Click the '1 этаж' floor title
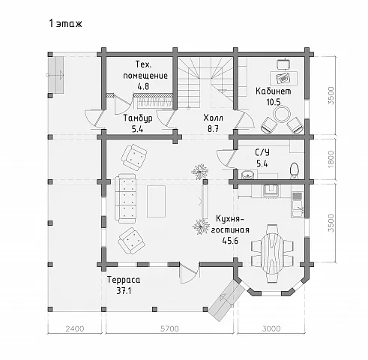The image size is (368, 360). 65,23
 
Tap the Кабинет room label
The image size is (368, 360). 274,91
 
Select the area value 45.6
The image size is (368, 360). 230,241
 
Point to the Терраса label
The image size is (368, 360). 124,280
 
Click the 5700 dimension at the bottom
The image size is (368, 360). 169,328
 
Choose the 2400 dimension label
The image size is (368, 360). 75,328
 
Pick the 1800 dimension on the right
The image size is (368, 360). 331,159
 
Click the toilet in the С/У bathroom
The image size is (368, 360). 295,171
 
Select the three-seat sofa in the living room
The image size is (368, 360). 125,198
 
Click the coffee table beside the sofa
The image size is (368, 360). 156,201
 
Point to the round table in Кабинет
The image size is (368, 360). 282,114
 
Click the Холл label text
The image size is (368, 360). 213,118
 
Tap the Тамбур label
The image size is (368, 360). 138,118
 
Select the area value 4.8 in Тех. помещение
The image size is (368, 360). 143,86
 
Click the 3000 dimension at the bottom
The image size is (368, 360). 271,328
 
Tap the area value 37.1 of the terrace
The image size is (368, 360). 124,291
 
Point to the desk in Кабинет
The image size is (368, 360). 284,78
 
